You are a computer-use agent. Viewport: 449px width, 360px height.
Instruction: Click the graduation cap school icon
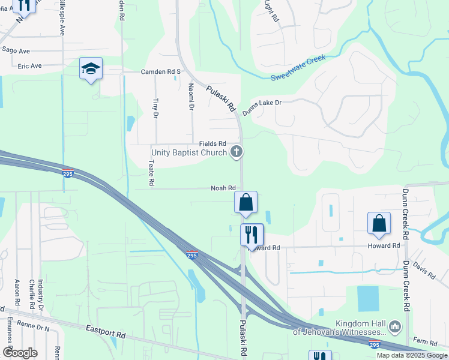91,69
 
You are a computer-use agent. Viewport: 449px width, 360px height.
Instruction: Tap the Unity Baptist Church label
188,152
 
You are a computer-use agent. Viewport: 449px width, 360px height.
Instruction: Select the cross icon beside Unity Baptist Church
237,152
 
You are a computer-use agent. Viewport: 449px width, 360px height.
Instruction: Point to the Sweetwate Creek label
298,68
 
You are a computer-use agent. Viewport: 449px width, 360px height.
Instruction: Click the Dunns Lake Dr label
262,107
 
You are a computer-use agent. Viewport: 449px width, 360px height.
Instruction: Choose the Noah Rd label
222,188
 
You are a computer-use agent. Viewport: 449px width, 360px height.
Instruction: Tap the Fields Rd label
212,144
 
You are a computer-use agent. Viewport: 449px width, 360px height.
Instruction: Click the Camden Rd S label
161,71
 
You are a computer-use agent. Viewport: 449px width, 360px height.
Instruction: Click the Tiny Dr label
155,107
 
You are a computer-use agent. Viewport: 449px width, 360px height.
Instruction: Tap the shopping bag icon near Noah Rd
246,203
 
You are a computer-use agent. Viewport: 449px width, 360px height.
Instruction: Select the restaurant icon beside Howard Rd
252,233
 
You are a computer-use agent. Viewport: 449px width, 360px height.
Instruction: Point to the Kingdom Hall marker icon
394,327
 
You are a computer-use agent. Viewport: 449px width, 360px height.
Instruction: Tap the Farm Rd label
426,342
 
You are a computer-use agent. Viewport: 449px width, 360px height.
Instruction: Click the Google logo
19,353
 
